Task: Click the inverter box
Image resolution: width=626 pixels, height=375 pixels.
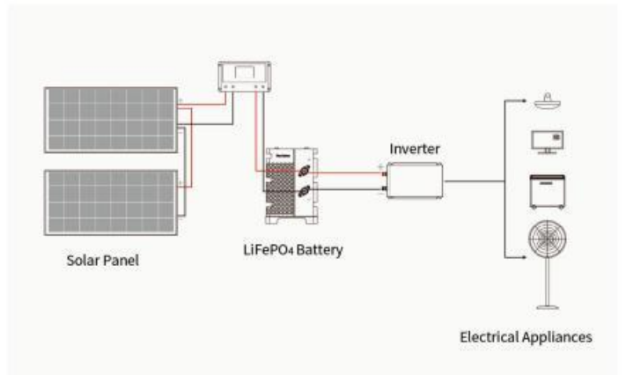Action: point(413,180)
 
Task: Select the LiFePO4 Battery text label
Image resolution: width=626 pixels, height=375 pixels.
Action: point(294,250)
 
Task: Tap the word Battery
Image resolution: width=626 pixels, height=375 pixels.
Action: point(319,250)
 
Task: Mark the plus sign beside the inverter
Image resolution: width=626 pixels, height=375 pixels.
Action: point(380,165)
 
